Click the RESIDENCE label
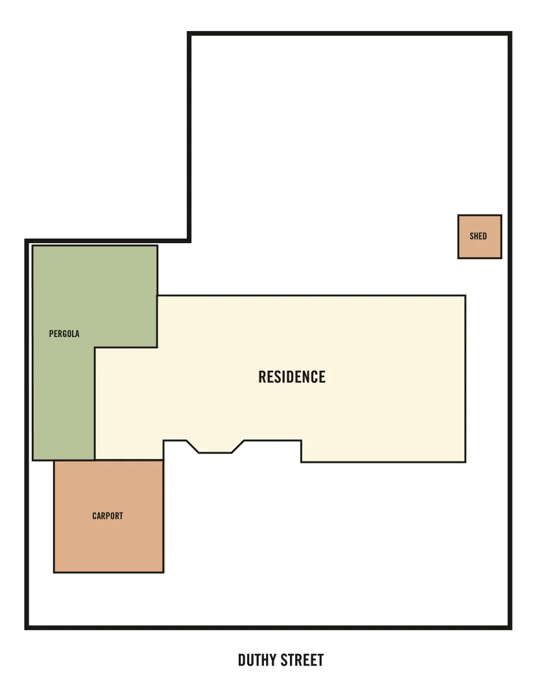(292, 377)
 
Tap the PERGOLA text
(64, 334)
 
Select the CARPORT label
(108, 516)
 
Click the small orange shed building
(479, 237)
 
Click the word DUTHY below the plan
(258, 660)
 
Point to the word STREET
(303, 660)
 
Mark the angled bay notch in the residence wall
(215, 447)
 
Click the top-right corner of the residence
(465, 296)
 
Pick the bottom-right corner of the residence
(465, 461)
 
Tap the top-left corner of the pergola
(33, 246)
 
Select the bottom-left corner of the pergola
(33, 460)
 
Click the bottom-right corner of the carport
(163, 572)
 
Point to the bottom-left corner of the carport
(54, 572)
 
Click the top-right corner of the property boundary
(510, 34)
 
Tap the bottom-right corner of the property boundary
(510, 627)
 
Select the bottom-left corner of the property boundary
(27, 627)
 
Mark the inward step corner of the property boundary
(189, 240)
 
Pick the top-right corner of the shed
(501, 216)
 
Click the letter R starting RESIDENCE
(262, 377)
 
